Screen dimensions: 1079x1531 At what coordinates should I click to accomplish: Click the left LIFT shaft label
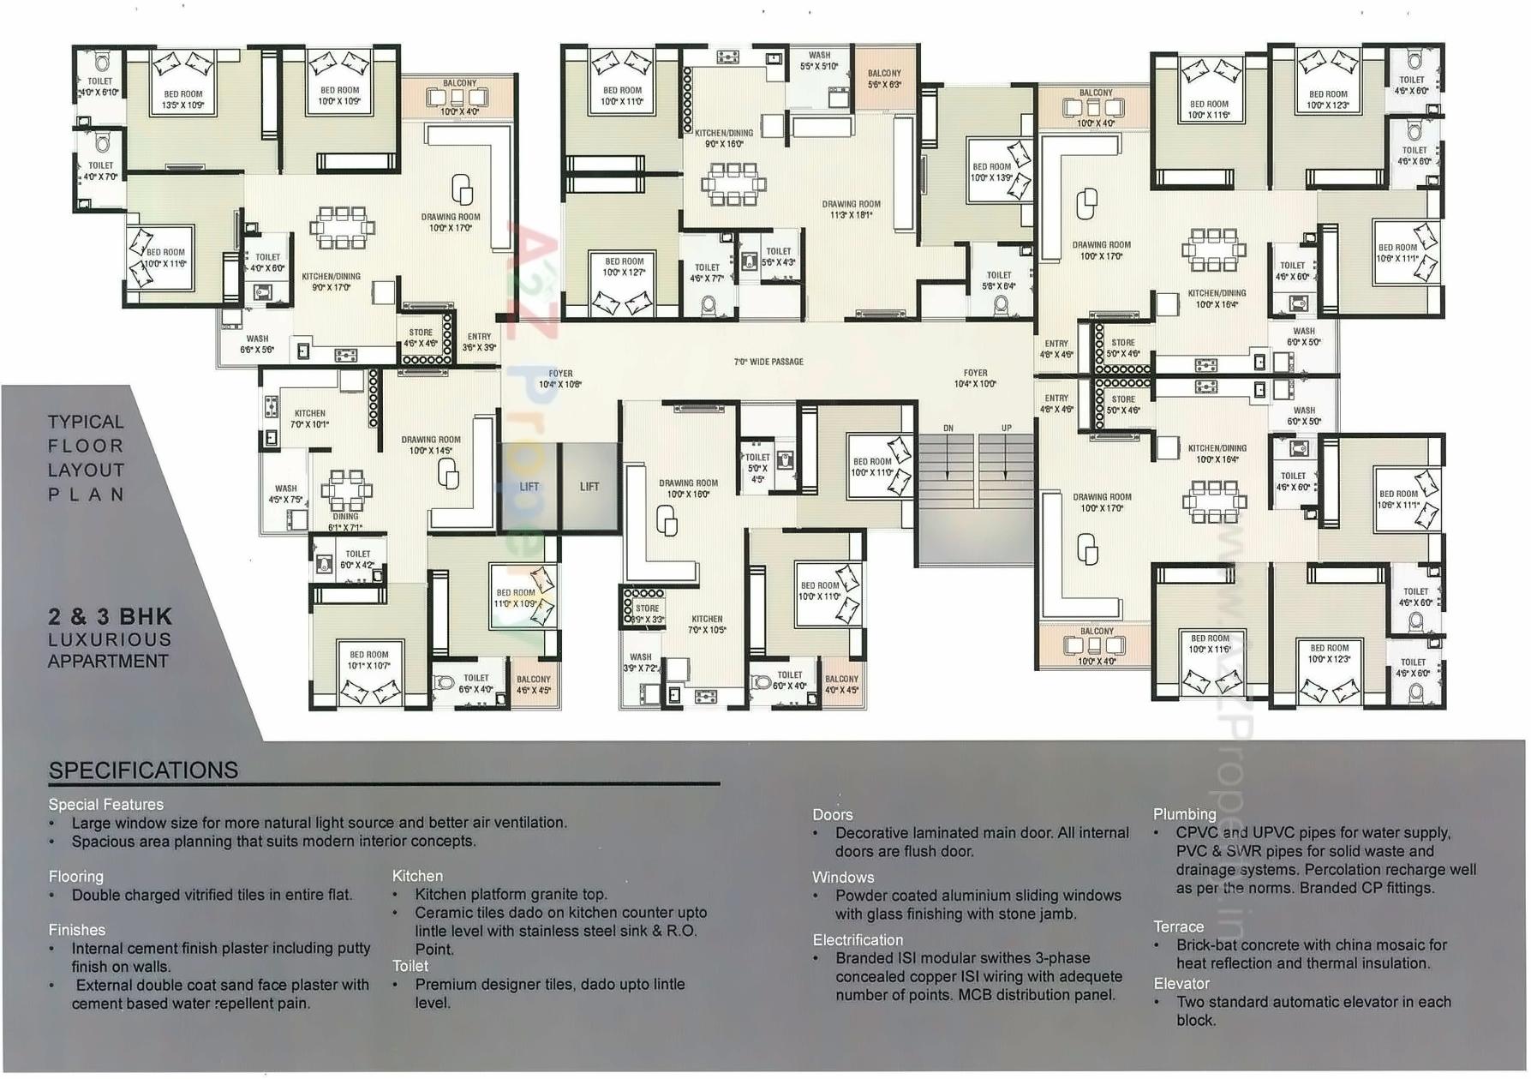tap(529, 487)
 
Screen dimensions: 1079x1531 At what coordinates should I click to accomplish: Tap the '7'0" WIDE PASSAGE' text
tap(768, 362)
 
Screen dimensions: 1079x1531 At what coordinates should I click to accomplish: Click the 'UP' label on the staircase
tap(1006, 428)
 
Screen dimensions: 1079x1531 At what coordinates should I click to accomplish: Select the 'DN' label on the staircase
tap(948, 428)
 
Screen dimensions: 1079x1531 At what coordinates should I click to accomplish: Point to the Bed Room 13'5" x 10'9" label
tap(183, 99)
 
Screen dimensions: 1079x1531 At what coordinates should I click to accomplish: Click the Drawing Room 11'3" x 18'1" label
tap(851, 209)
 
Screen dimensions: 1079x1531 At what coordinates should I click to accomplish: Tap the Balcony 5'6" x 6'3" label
tap(884, 79)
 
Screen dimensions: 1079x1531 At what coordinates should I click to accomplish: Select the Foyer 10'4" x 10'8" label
tap(560, 379)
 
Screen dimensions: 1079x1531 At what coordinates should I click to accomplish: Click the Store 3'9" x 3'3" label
tap(648, 614)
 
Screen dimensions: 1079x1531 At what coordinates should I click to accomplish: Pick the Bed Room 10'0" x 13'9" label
tap(991, 172)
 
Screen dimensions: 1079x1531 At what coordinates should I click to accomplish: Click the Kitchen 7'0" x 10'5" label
tap(707, 624)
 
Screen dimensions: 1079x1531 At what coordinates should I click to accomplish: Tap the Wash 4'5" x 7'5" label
tap(285, 494)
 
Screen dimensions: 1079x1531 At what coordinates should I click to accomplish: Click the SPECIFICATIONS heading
tap(143, 770)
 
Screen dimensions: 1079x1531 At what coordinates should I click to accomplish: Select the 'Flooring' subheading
tap(75, 876)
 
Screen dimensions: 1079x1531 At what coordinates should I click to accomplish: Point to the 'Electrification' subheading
tap(858, 939)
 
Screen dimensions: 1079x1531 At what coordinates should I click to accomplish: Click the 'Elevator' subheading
tap(1181, 983)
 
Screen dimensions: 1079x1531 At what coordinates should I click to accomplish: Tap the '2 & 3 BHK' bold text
tap(111, 616)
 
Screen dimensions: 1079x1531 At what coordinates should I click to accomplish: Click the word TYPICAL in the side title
tap(86, 422)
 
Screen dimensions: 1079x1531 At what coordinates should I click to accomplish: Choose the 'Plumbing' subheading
tap(1184, 813)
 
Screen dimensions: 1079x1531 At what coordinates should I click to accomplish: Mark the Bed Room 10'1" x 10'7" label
tap(368, 659)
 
